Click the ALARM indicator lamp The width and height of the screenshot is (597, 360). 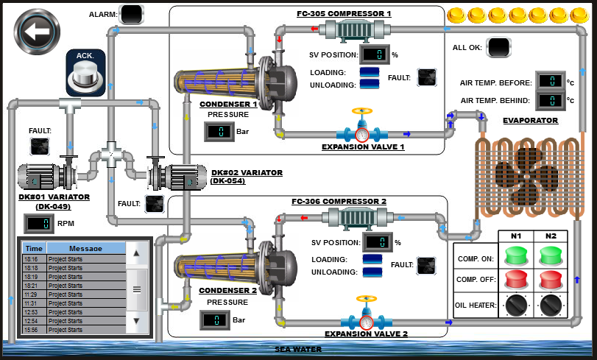tap(132, 13)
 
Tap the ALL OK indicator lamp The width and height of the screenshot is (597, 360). tap(498, 48)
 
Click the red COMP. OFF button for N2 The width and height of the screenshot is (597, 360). tap(551, 280)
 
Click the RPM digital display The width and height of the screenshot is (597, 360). tap(37, 223)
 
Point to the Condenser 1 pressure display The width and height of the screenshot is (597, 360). tap(219, 133)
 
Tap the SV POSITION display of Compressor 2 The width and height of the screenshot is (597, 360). tap(377, 242)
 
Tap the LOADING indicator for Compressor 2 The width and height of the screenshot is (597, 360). tap(372, 259)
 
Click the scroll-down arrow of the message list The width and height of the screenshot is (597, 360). tap(136, 321)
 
